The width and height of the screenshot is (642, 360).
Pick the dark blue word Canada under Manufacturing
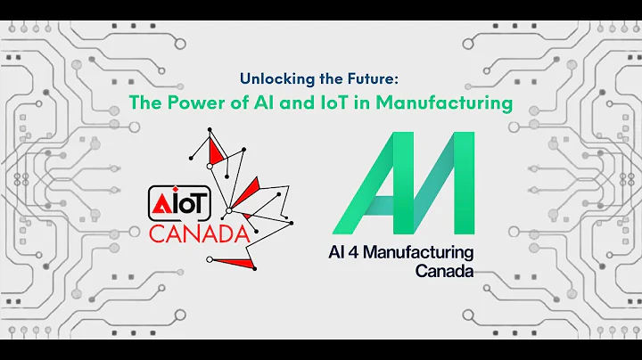(444, 271)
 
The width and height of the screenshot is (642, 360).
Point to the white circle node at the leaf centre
(228, 210)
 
